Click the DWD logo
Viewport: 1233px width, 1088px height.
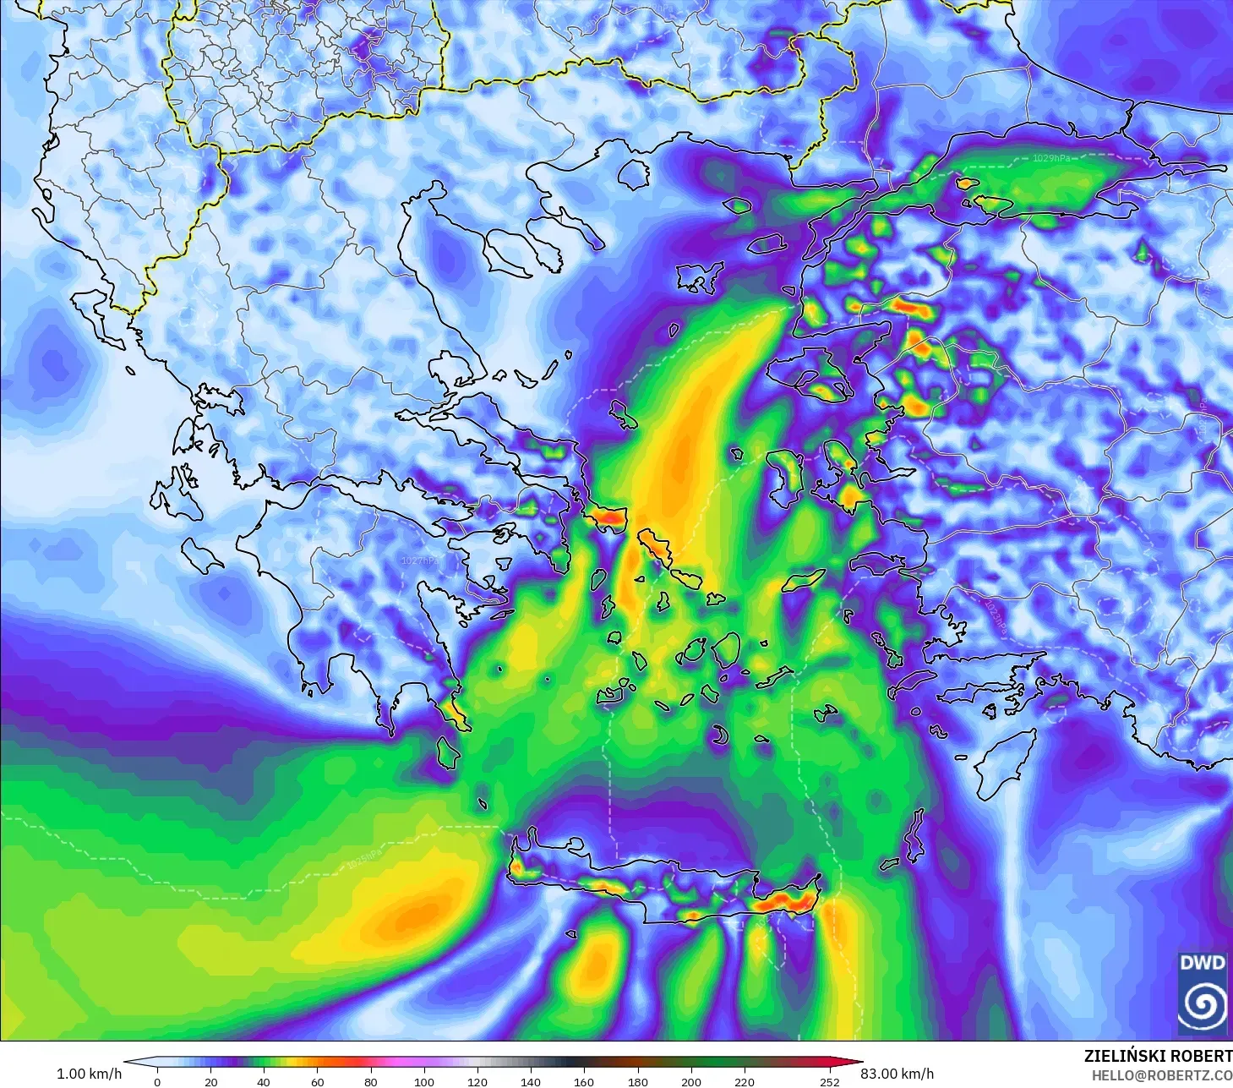(1202, 992)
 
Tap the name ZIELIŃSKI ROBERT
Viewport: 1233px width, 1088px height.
(1158, 1056)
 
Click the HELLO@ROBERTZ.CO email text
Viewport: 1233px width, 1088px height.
(1161, 1075)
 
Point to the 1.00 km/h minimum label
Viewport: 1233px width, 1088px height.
(89, 1074)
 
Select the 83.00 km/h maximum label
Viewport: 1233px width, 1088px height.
(897, 1074)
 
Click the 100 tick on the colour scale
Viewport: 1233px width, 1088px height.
(424, 1081)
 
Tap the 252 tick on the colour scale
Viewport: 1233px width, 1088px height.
(829, 1081)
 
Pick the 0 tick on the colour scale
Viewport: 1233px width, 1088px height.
(157, 1081)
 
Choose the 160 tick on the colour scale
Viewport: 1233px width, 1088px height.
(584, 1081)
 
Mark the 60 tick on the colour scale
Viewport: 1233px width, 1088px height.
(317, 1081)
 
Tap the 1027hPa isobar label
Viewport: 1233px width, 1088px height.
(420, 560)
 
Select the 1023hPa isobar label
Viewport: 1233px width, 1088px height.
(995, 616)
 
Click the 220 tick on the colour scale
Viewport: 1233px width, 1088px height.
(744, 1081)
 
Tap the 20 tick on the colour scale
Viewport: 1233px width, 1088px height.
(210, 1081)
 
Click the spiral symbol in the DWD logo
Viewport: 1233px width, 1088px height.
(1202, 1004)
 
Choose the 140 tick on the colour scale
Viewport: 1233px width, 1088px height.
(531, 1081)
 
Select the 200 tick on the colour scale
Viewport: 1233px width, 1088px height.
(690, 1081)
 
